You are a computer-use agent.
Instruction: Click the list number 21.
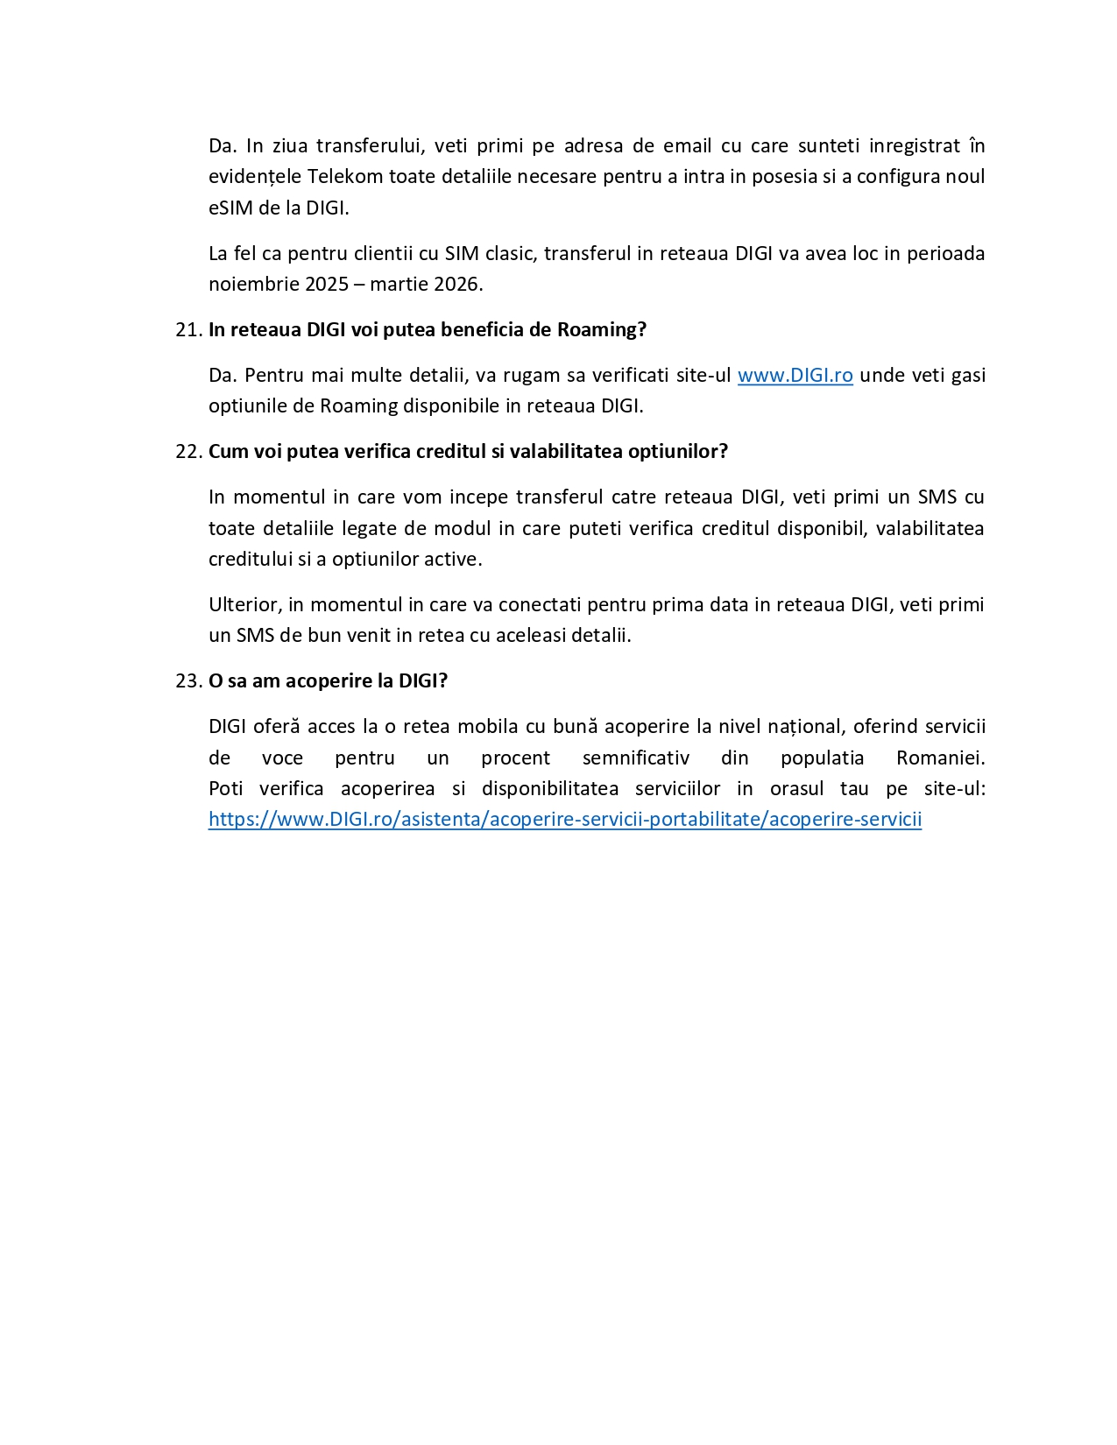point(187,330)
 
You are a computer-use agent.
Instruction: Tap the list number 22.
point(187,452)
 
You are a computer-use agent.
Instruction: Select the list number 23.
point(187,681)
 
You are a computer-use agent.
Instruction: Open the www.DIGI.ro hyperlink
point(795,376)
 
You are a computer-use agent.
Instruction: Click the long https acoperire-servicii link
point(565,820)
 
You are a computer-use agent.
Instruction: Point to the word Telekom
point(345,177)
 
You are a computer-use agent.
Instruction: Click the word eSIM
point(230,208)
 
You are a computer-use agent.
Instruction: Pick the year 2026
point(456,285)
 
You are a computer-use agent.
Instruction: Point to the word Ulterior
point(244,605)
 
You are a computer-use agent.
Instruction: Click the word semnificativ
point(636,758)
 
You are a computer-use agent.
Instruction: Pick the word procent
point(515,758)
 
